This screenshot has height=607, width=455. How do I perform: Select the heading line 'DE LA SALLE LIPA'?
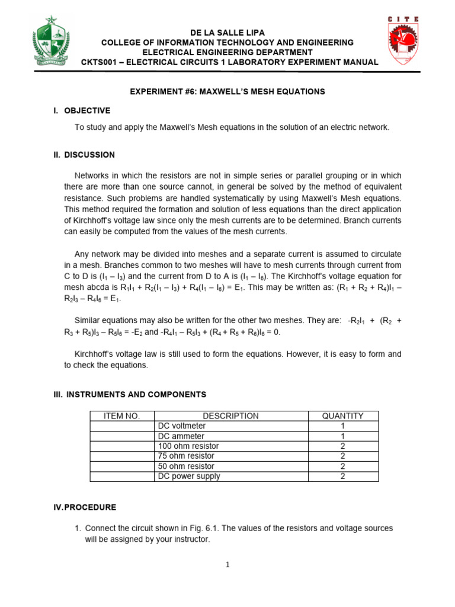(227, 33)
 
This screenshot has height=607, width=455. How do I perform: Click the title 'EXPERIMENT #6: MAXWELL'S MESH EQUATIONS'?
(227, 91)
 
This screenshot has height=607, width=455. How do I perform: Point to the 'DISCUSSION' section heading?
(89, 155)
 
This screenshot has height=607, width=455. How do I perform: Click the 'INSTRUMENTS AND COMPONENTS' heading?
(136, 394)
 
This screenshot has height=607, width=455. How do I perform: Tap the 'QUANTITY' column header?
(342, 416)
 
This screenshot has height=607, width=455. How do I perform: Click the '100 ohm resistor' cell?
(188, 446)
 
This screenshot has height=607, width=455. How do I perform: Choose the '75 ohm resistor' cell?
(186, 456)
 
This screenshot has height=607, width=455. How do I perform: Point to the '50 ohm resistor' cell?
(186, 467)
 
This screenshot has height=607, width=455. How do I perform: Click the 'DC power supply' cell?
(189, 477)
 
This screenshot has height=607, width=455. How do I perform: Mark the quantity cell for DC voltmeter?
(342, 426)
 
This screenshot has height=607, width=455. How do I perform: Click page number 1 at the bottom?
(227, 565)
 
